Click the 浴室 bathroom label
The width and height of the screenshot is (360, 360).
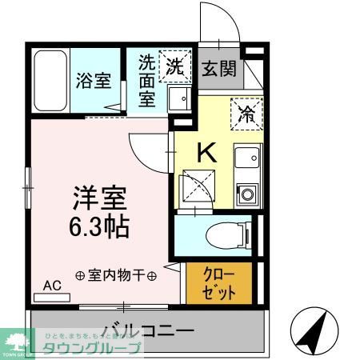point(93,82)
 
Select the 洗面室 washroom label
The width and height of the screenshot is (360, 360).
point(147,80)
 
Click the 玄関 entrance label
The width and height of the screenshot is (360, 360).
point(218,68)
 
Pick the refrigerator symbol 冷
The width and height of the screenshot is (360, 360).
point(246,113)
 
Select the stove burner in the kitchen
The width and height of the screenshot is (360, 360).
point(246,193)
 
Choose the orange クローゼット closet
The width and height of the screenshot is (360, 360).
point(218,283)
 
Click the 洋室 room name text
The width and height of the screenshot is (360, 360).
point(98,198)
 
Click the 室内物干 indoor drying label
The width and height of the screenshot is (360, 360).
point(116,274)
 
